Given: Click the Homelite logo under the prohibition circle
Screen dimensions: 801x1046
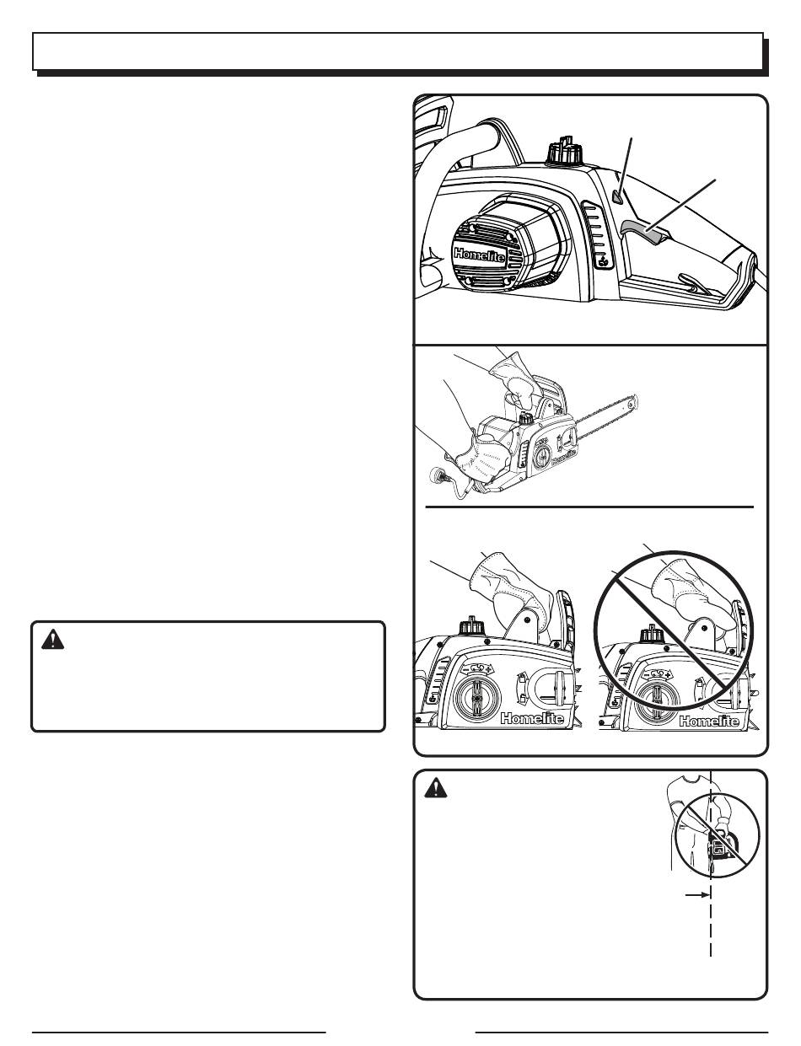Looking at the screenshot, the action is [711, 721].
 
